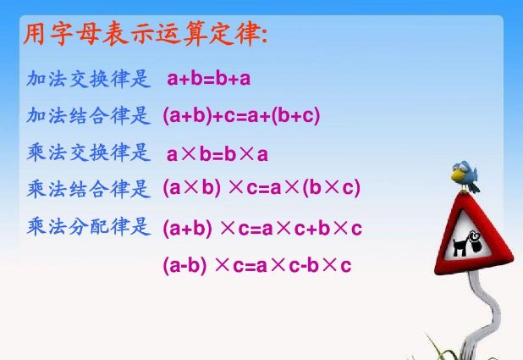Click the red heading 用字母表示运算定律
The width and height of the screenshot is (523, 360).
pyautogui.click(x=144, y=37)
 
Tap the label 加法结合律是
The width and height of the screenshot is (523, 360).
pyautogui.click(x=88, y=115)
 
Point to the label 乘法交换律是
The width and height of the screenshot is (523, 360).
pyautogui.click(x=88, y=152)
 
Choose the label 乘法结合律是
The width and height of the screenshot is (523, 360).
pyautogui.click(x=88, y=188)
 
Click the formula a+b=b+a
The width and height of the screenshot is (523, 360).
pyautogui.click(x=209, y=80)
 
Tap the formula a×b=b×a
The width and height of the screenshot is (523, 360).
pyautogui.click(x=217, y=154)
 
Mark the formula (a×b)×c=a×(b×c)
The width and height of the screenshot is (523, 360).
pyautogui.click(x=261, y=189)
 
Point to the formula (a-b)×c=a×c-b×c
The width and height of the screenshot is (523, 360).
pyautogui.click(x=256, y=265)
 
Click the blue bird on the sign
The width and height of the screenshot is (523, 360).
pyautogui.click(x=466, y=175)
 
